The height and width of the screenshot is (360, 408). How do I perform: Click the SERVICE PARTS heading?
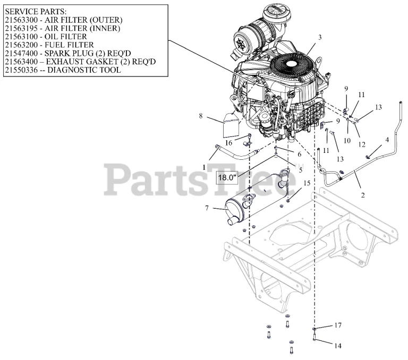point(35,11)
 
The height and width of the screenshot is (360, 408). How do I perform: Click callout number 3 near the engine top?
point(320,38)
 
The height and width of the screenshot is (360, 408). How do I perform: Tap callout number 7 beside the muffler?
point(207,208)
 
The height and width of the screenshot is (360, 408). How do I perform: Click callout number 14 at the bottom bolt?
point(337,346)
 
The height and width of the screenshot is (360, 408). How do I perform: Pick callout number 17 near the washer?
point(337,325)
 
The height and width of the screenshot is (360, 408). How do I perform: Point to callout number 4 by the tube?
point(387,140)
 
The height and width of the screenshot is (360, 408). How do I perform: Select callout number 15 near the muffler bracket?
point(307,183)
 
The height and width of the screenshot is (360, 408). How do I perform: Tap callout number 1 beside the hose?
point(204,166)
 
